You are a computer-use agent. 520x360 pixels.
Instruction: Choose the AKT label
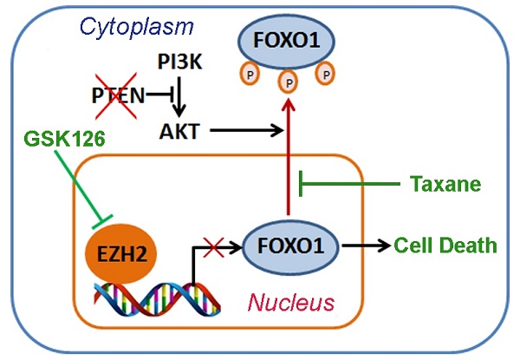click(x=179, y=131)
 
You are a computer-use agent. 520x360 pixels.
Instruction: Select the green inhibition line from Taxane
click(x=347, y=184)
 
